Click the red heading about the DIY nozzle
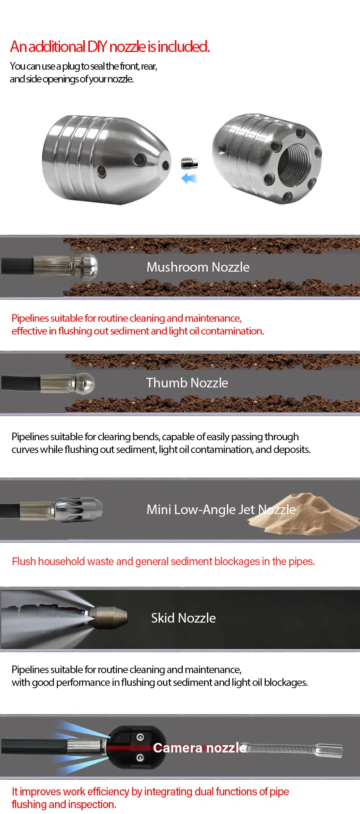point(110,46)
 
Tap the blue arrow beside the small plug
point(189,178)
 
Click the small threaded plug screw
point(189,163)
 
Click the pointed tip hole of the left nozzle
point(166,165)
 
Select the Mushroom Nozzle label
point(198,267)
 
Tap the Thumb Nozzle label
point(187,383)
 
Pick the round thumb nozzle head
point(85,383)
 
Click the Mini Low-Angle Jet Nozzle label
point(221,510)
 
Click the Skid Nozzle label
point(183,618)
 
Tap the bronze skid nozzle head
point(110,618)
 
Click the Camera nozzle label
point(200,748)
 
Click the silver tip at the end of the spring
point(329,750)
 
